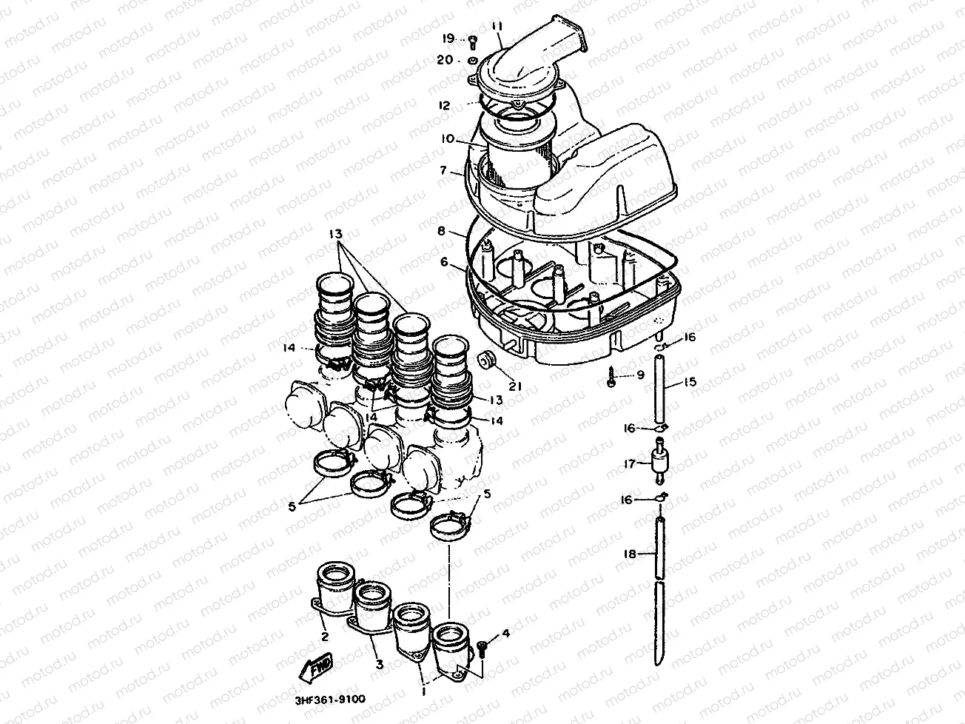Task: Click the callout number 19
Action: (448, 38)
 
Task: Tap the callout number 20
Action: (445, 60)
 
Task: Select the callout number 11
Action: (497, 27)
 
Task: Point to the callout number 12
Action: (444, 106)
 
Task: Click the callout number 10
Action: (448, 139)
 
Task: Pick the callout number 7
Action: (443, 170)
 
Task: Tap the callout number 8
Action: (441, 231)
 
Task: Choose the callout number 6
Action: (444, 262)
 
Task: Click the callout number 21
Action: (515, 386)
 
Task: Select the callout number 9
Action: (641, 375)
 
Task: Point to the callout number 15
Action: (690, 381)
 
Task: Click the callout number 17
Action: (630, 463)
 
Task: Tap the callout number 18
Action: (630, 554)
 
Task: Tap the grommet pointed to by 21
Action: (485, 359)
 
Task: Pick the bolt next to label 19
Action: (473, 43)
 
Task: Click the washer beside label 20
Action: (473, 60)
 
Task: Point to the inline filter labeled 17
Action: (659, 463)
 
